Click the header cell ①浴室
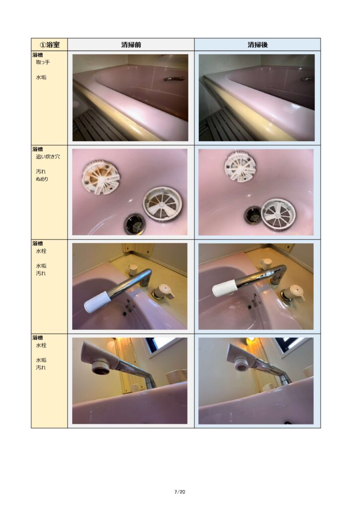point(49,44)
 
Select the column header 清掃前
point(131,45)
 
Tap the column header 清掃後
point(258,45)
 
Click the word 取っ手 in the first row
point(43,62)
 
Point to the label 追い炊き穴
point(48,157)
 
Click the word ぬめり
point(42,179)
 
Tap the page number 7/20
point(180,492)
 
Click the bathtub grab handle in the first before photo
point(175,79)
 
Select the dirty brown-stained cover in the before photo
point(100,177)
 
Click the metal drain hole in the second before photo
point(134,223)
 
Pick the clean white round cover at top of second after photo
point(241,166)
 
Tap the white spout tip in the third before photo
point(96,302)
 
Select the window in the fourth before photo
point(166,347)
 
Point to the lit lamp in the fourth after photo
point(251,340)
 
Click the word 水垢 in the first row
point(41,77)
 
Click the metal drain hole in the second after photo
point(254,215)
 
